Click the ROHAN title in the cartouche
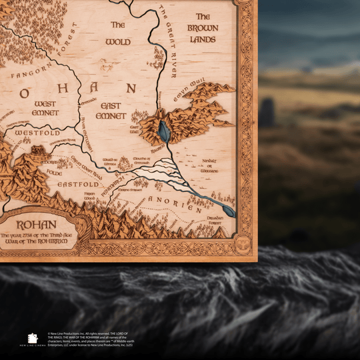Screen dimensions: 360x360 tap(37, 225)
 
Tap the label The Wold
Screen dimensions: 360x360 tap(117, 33)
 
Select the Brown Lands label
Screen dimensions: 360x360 tap(202, 28)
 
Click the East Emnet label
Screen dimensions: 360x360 tap(111, 111)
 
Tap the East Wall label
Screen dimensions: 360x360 tap(133, 129)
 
